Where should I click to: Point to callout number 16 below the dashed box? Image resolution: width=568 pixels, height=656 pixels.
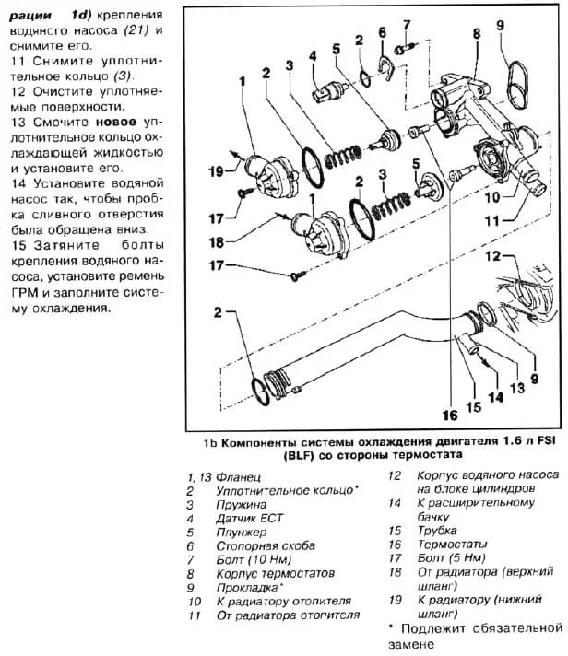(x=450, y=414)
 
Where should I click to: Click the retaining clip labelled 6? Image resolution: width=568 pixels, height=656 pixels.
(x=385, y=65)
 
